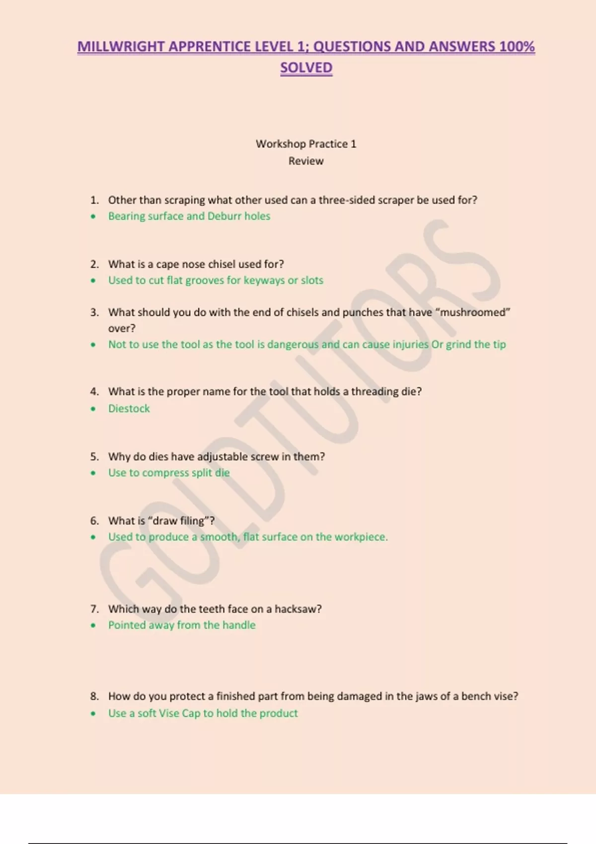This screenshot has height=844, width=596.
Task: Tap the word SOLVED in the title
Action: click(x=306, y=68)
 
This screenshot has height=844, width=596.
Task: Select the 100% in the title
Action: click(x=517, y=47)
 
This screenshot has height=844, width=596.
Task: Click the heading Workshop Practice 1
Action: click(x=306, y=144)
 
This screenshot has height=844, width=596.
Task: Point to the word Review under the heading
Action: click(x=306, y=161)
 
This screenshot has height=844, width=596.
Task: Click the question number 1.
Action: click(x=94, y=200)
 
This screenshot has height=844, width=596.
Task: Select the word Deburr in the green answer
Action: click(x=224, y=216)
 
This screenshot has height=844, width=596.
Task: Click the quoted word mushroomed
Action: click(x=473, y=312)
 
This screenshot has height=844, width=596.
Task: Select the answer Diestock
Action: click(x=129, y=409)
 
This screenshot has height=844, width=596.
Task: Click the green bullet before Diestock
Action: click(x=93, y=409)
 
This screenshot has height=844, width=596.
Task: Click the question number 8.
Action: click(x=94, y=697)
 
